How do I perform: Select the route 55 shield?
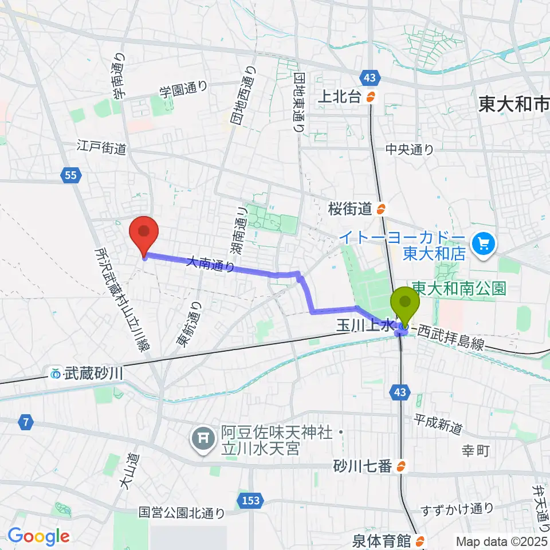(70, 177)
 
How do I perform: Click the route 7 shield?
(25, 423)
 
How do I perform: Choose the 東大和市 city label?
(513, 104)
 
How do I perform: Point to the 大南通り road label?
(210, 263)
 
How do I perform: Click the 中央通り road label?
(410, 149)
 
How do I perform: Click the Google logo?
(38, 536)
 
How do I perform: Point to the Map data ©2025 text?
(502, 541)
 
